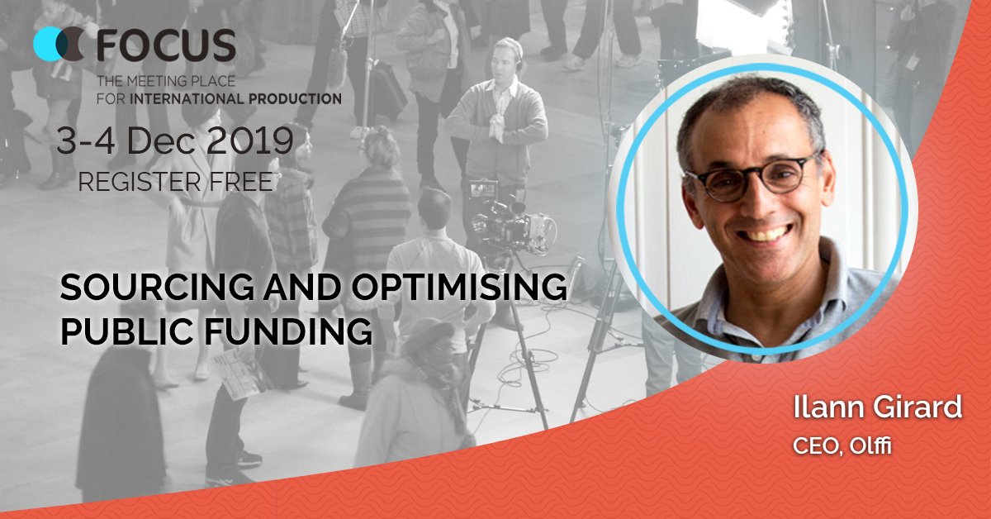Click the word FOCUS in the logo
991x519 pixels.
166,45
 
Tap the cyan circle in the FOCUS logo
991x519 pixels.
49,44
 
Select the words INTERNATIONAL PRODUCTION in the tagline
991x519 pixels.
236,98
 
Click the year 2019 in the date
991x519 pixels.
250,140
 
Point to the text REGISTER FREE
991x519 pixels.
175,182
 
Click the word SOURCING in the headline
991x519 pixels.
157,287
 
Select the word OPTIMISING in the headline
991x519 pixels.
459,287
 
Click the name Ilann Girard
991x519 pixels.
877,407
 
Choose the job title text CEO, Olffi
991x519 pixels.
842,445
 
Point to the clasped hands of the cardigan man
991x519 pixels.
496,127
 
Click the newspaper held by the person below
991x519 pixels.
239,373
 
